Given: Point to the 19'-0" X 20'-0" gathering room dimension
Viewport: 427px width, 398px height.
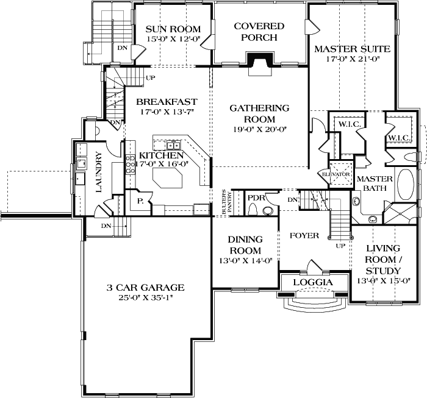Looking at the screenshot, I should [259, 129].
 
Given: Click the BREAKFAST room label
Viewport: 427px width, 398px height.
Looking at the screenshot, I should [166, 101].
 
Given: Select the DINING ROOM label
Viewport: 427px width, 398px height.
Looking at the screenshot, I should [246, 245].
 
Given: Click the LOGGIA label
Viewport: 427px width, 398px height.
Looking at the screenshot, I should [312, 283].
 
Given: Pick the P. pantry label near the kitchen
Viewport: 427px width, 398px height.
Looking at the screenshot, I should [140, 201].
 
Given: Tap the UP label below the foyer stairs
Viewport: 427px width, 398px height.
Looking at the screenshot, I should [339, 246].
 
